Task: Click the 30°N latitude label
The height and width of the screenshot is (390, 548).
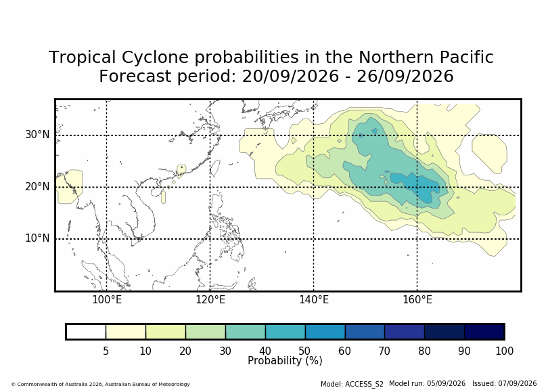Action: tap(37, 135)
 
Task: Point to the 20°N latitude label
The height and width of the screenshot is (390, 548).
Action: tap(37, 187)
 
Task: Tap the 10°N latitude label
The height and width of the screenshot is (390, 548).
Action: tap(37, 238)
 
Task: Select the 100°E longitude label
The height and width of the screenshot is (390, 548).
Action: tap(107, 300)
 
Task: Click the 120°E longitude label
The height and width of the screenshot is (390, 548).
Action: tap(210, 300)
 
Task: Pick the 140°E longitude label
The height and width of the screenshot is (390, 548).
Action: tap(314, 300)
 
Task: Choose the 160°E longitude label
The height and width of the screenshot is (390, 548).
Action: tap(417, 300)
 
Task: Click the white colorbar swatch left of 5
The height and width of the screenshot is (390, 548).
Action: tap(86, 332)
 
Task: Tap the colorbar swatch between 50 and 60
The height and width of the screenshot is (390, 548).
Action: tap(325, 332)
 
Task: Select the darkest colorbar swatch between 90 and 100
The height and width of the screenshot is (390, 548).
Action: tap(484, 332)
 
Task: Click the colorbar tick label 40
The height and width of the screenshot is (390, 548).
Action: tap(265, 351)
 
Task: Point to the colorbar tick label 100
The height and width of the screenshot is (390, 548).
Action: tap(504, 351)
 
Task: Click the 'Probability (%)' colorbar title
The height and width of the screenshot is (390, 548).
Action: tap(285, 361)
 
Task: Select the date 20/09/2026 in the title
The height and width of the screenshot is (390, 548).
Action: tap(290, 77)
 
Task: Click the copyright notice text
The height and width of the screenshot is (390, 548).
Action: tap(101, 384)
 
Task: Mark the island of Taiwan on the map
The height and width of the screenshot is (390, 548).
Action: tap(216, 169)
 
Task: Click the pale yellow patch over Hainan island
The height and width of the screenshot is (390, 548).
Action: tap(163, 197)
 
